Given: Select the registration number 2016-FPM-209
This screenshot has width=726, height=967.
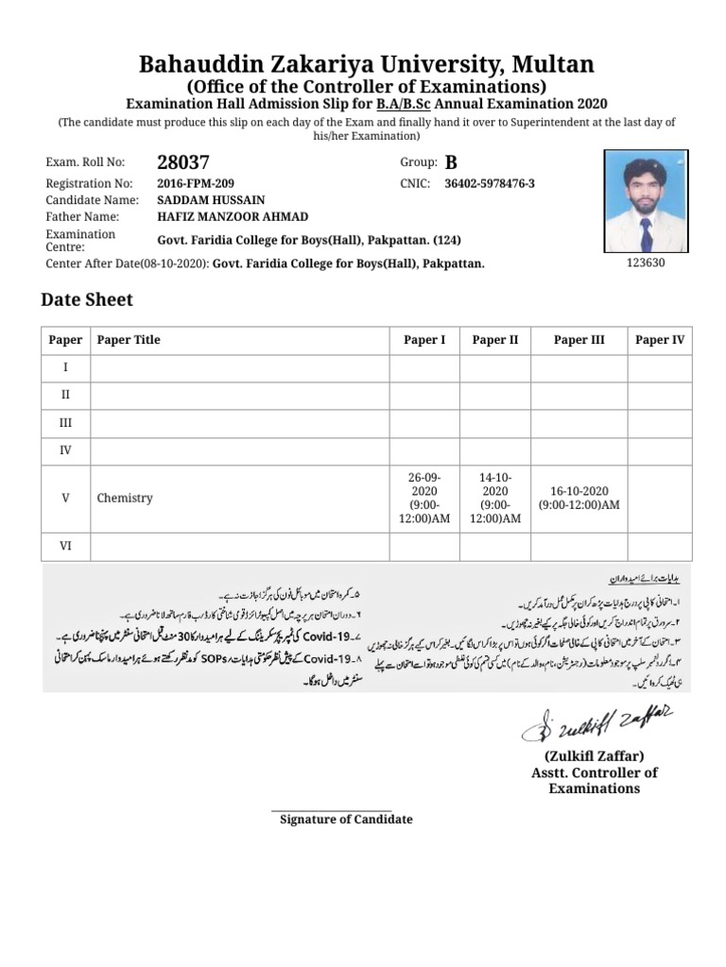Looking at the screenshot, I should (196, 183).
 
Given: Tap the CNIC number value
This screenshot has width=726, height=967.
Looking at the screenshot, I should (489, 183).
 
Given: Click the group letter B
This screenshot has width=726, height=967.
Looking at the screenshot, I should (450, 162).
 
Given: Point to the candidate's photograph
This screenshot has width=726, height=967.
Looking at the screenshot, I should (646, 202).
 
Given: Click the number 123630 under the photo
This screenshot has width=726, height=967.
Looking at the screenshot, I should (646, 263).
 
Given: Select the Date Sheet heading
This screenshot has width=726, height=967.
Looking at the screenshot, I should (87, 300).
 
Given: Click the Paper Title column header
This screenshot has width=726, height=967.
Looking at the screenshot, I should (129, 340).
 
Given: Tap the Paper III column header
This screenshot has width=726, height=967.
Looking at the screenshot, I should (579, 340).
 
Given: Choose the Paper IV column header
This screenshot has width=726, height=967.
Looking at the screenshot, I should (659, 340).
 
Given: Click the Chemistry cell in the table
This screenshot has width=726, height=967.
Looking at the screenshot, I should (125, 498).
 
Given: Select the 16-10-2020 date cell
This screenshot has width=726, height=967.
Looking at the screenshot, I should (579, 498).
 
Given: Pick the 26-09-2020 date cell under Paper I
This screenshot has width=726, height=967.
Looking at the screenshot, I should (423, 498).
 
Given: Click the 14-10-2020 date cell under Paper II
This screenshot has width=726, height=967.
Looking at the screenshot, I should (494, 498).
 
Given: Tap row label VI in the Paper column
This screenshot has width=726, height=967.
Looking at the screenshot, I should (65, 545).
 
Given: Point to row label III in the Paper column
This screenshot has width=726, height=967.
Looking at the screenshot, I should (65, 422).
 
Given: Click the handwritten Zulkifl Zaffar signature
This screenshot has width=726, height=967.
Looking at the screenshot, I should (596, 724).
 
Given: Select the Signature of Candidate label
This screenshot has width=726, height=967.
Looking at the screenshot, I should (346, 819).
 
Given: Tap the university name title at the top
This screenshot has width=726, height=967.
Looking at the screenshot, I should (367, 64).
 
